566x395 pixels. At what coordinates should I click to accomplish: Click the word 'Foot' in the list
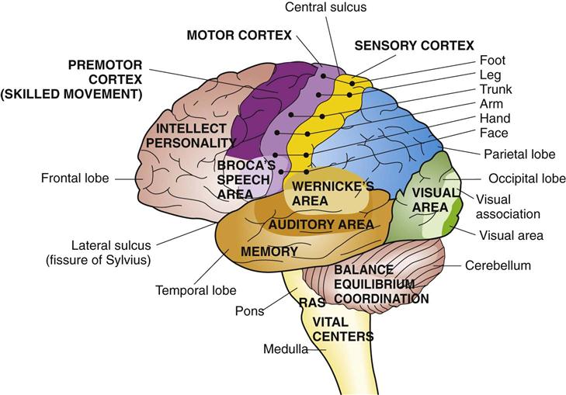pos(491,59)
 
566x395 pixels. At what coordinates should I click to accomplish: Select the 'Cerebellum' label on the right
pos(498,265)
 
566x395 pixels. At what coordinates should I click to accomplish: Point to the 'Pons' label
pos(249,312)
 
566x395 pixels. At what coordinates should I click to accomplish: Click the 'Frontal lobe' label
pos(77,178)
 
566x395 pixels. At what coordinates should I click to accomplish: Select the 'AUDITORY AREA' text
pos(321,224)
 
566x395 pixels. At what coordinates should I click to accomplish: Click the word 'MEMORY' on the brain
pos(269,251)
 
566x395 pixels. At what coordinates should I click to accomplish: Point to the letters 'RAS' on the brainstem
pos(311,303)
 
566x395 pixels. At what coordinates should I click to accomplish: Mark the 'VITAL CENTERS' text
pos(342,328)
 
